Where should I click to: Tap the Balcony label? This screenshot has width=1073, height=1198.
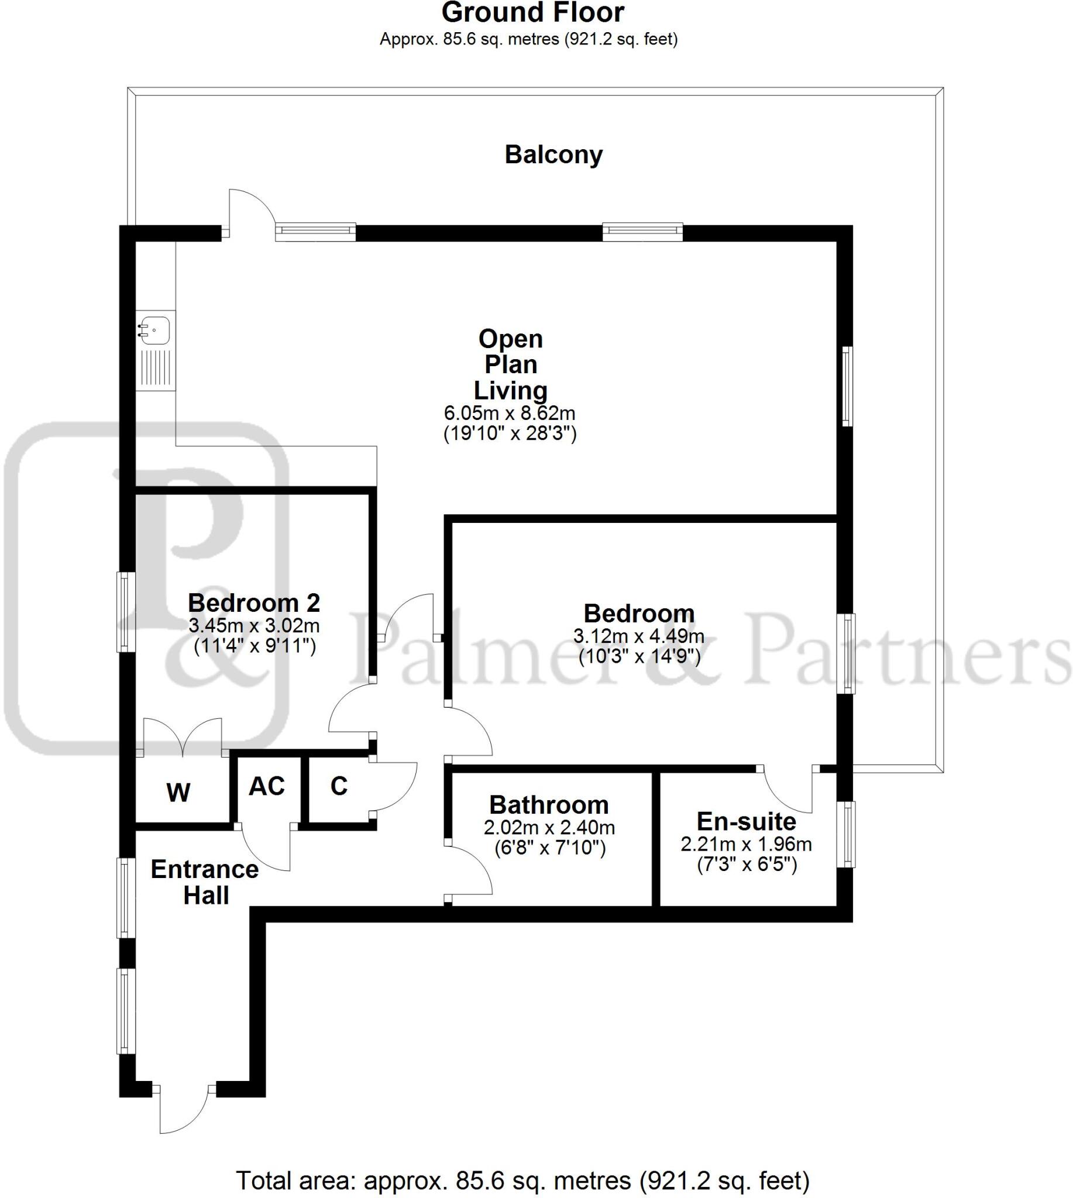click(x=553, y=154)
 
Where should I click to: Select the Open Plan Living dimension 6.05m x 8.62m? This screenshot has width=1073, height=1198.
click(x=510, y=413)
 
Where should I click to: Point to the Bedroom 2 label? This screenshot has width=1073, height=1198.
click(x=253, y=603)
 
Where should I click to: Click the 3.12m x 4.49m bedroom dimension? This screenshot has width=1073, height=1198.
click(x=638, y=636)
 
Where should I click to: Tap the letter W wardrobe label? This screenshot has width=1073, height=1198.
click(x=178, y=793)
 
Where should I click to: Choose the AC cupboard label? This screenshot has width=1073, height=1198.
click(x=266, y=786)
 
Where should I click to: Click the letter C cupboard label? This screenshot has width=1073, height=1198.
click(x=338, y=786)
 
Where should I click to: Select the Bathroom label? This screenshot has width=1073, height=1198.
click(x=548, y=805)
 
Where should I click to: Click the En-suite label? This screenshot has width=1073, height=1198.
click(x=746, y=821)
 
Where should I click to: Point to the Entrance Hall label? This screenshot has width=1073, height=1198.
click(x=205, y=882)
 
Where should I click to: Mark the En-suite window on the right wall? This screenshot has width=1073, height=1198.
click(x=847, y=834)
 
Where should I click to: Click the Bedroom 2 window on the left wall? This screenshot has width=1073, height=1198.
click(x=125, y=612)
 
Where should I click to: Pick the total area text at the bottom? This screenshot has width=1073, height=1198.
click(x=522, y=1181)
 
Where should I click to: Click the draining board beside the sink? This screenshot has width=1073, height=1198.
click(x=156, y=369)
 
